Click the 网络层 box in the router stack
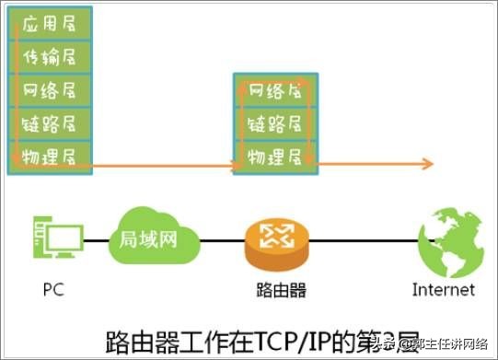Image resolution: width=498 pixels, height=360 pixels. [275, 92]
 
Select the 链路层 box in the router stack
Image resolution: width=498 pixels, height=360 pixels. [275, 123]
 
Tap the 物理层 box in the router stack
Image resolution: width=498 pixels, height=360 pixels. [275, 155]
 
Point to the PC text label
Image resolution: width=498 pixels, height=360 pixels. [53, 290]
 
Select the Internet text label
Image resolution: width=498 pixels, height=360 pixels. [444, 290]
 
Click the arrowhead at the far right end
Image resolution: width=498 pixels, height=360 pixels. [428, 164]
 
